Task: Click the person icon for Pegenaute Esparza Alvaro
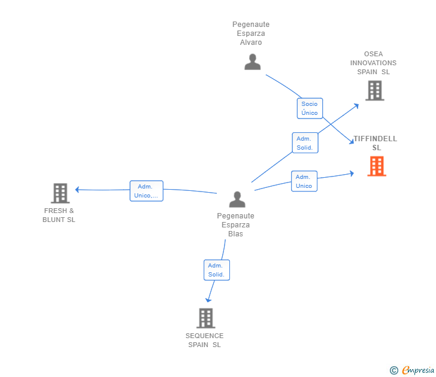point(253,62)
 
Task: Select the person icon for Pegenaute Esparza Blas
point(237,199)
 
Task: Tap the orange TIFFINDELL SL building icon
point(377,166)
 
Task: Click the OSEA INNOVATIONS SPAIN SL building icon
point(375,90)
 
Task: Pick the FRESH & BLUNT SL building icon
point(60,193)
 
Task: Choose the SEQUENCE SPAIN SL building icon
point(206,318)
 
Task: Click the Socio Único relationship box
point(310,108)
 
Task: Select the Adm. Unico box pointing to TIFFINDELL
point(304,181)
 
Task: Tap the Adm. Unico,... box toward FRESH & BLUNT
point(147,191)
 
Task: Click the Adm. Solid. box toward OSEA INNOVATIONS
point(305,143)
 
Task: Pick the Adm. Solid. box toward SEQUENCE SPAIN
point(217,270)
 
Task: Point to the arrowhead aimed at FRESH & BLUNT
point(77,190)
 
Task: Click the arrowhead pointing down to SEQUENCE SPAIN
point(208,300)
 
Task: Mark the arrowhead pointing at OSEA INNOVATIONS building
point(356,106)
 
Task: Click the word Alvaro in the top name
point(251,42)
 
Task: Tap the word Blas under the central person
point(235,233)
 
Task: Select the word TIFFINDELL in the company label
point(376,139)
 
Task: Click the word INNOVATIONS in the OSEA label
point(373,63)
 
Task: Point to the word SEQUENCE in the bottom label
point(204,336)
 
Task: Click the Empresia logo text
point(418,370)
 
